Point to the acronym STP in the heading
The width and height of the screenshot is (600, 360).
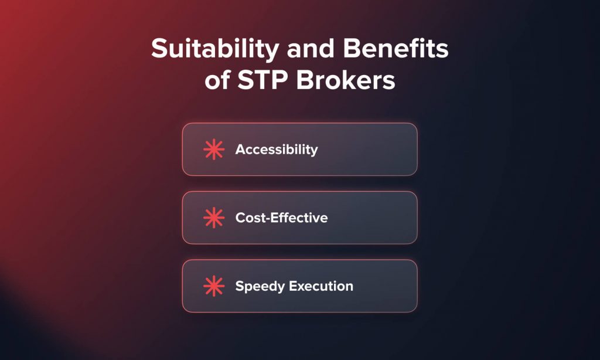(x=262, y=81)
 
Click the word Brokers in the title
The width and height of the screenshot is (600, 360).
(x=345, y=81)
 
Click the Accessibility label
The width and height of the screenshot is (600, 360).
(x=277, y=150)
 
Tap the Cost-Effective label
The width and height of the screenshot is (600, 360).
(x=281, y=218)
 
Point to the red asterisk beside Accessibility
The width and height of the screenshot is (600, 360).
(x=214, y=150)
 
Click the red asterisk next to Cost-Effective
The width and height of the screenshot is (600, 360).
(x=214, y=218)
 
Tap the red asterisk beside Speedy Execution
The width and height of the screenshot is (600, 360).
(x=214, y=287)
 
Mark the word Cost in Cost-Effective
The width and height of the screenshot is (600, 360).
(x=248, y=218)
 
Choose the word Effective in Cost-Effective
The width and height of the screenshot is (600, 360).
(x=298, y=218)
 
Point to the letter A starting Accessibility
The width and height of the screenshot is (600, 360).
(x=240, y=150)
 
